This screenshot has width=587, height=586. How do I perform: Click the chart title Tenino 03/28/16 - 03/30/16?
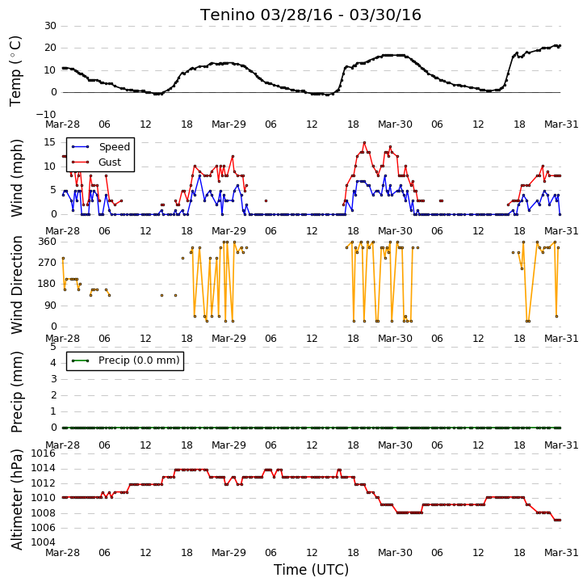pyautogui.click(x=311, y=15)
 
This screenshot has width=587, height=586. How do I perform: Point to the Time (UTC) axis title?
pyautogui.click(x=311, y=570)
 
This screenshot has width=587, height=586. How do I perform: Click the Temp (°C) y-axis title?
pyautogui.click(x=15, y=71)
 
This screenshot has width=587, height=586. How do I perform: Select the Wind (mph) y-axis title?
pyautogui.click(x=16, y=178)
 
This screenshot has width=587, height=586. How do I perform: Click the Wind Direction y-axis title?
pyautogui.click(x=16, y=285)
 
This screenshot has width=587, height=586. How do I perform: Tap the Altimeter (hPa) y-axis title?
pyautogui.click(x=16, y=500)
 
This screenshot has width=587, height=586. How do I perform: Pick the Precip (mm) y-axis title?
pyautogui.click(x=16, y=392)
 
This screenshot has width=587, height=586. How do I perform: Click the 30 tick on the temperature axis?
pyautogui.click(x=51, y=26)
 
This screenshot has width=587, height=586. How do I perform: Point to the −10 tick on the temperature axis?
pyautogui.click(x=46, y=114)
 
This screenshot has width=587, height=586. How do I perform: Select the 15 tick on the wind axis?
pyautogui.click(x=49, y=142)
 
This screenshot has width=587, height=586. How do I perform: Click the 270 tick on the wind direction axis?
pyautogui.click(x=47, y=262)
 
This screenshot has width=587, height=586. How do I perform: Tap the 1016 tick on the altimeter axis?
pyautogui.click(x=43, y=453)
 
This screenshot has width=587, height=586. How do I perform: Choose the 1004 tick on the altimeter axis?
pyautogui.click(x=43, y=542)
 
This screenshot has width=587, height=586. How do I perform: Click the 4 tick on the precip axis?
pyautogui.click(x=53, y=363)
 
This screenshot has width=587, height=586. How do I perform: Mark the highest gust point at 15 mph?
pyautogui.click(x=364, y=143)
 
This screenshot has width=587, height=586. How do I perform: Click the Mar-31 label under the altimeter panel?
pyautogui.click(x=561, y=553)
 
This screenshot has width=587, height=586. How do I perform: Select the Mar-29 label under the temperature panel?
pyautogui.click(x=229, y=124)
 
